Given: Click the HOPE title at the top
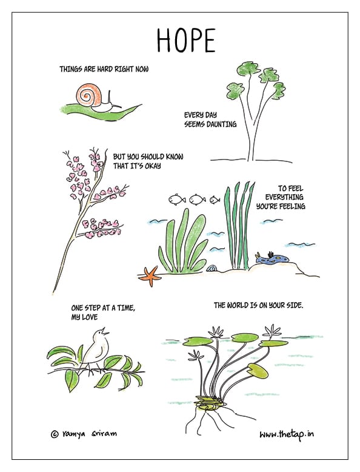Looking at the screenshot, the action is click(186, 41).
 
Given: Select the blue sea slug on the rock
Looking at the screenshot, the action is click(272, 258).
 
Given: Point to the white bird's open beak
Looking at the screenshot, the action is click(105, 331).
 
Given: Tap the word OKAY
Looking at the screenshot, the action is click(153, 166).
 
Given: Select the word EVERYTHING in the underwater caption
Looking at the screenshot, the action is click(284, 197).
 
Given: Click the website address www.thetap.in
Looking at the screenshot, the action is click(287, 434).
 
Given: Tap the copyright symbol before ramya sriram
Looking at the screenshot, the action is click(55, 434).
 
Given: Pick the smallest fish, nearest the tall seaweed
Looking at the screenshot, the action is click(215, 199).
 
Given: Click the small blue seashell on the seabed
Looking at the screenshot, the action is click(212, 268).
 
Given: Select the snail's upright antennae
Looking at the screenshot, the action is click(110, 98).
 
